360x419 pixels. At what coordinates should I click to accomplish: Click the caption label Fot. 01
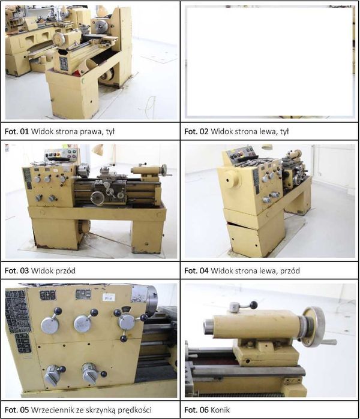(17, 131)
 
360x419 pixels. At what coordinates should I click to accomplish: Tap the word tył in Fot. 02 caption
(284, 131)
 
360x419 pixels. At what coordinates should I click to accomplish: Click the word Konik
(220, 409)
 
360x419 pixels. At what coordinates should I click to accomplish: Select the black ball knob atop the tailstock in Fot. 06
(254, 305)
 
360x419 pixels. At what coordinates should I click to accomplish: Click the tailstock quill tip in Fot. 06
(208, 327)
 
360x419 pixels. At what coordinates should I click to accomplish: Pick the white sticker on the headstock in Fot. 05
(109, 297)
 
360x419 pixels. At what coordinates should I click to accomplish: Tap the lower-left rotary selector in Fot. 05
(53, 375)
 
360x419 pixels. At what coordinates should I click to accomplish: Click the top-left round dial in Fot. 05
(50, 324)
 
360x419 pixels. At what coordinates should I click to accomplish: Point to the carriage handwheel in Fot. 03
(97, 198)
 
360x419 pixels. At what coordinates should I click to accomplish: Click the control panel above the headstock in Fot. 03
(62, 155)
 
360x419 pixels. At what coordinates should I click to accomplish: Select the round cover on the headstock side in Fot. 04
(232, 178)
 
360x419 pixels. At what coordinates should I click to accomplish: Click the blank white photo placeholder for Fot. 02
(269, 62)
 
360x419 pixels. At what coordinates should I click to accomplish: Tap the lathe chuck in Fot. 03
(84, 170)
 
